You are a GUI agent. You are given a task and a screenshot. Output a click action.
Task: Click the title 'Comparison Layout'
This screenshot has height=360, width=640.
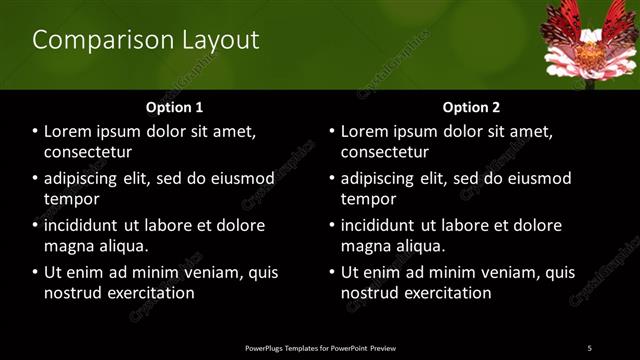tap(146, 40)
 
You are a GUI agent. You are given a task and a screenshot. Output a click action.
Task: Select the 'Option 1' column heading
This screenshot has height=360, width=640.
tap(174, 107)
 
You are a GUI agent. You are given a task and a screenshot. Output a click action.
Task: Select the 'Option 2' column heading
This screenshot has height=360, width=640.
tap(471, 107)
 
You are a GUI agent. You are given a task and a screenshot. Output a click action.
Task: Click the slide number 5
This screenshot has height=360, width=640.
tap(589, 347)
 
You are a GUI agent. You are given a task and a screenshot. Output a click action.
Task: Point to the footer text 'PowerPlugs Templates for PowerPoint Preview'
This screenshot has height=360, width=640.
tap(320, 347)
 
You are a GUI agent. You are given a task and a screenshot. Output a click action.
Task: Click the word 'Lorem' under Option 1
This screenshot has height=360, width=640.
tap(69, 132)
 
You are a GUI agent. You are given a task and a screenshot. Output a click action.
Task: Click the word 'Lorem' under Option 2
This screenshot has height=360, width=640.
tap(366, 132)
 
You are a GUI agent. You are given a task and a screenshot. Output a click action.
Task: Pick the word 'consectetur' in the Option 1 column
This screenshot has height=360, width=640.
tap(88, 152)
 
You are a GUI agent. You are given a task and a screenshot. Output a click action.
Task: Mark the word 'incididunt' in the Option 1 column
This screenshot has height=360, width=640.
tap(85, 225)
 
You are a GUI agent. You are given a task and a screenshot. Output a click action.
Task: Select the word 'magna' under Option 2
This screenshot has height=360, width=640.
tap(366, 245)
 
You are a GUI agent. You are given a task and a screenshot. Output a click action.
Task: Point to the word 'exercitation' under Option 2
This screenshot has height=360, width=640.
tap(446, 293)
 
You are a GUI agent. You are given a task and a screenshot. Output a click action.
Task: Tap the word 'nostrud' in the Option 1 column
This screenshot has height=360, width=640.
tap(73, 293)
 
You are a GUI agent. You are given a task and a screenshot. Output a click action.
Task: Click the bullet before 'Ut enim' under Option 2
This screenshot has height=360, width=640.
tap(332, 272)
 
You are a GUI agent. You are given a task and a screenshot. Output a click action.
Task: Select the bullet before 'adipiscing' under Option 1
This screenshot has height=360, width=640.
tap(35, 178)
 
